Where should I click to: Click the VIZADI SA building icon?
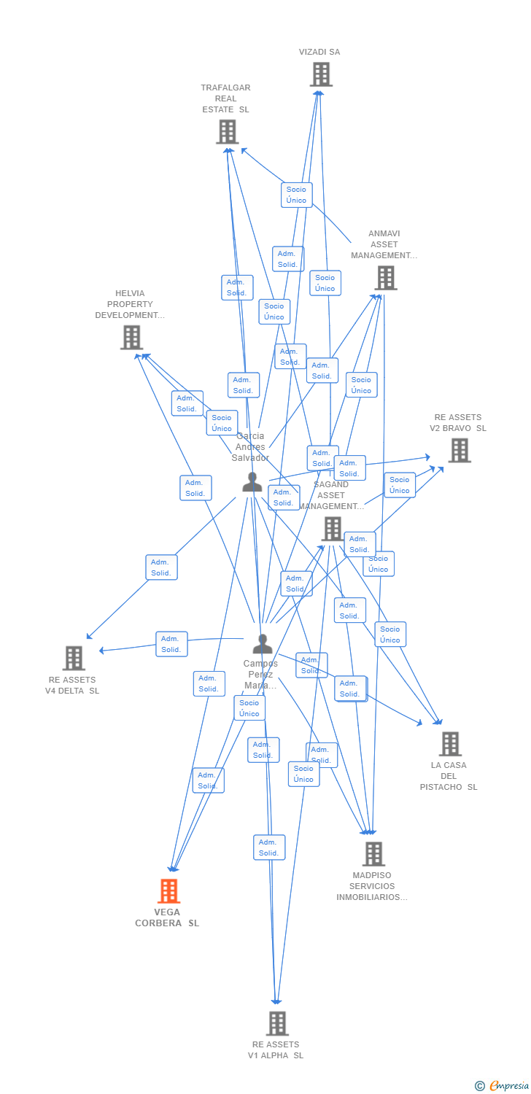point(321,74)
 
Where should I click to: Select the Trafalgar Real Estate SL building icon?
point(228,132)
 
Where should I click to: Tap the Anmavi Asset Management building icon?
point(385,278)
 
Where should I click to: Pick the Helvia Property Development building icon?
point(131,338)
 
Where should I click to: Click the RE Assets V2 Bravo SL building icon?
point(459,451)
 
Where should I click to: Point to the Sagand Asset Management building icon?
point(333,529)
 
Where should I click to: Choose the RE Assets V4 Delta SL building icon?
point(74,658)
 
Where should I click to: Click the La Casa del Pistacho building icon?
point(450,744)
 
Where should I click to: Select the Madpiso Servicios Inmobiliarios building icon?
point(373,854)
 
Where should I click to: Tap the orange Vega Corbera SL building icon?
point(168,891)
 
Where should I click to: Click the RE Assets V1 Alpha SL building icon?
point(277,1023)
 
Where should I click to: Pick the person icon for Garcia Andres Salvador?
point(252,482)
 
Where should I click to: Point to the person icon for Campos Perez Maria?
point(262,644)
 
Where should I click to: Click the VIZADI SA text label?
point(319,52)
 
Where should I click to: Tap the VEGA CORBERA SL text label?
point(167,918)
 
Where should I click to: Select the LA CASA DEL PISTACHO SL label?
point(449,776)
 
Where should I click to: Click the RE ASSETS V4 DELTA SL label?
point(72,686)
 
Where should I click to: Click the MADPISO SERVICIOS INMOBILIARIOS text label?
point(372,886)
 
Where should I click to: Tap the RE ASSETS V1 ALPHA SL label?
point(276,1050)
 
